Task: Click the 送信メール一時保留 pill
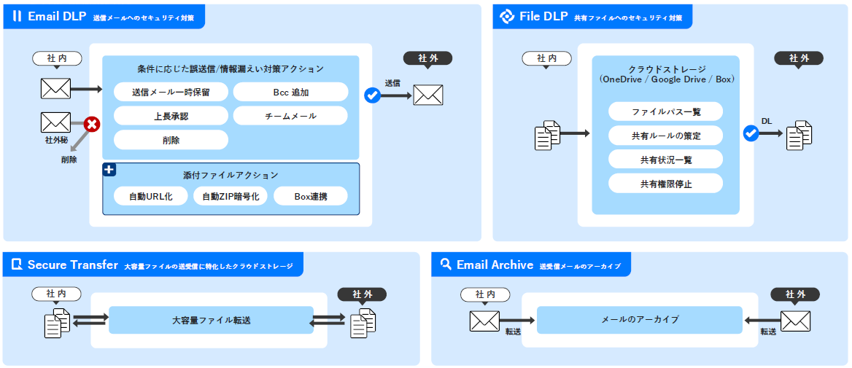[171, 92]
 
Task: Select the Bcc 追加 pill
[290, 92]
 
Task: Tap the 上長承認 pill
[171, 116]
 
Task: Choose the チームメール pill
[290, 116]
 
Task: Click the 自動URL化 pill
[151, 196]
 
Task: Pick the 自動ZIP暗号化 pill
[231, 196]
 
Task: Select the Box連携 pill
[310, 196]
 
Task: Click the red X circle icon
[91, 125]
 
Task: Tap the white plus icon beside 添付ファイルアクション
[109, 170]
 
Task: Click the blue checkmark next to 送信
[372, 95]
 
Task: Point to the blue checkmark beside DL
[751, 133]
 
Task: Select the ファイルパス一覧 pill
[665, 111]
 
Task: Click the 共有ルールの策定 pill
[665, 136]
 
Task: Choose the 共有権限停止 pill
[665, 184]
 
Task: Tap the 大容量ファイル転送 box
[211, 320]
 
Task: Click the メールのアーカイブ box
[639, 320]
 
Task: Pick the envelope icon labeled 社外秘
[55, 122]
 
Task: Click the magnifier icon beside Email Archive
[446, 265]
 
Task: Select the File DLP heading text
[543, 16]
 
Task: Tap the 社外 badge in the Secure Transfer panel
[362, 294]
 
